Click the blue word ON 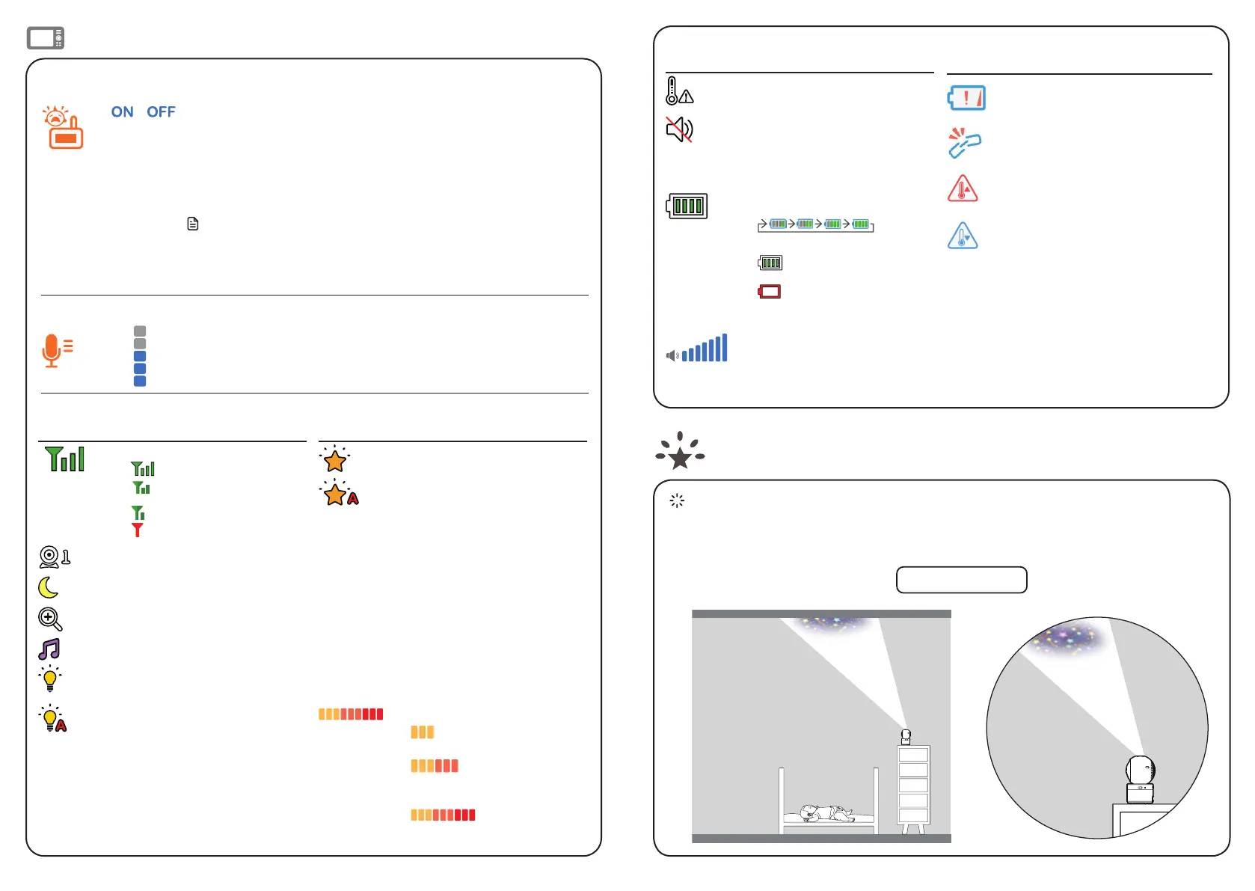coord(122,112)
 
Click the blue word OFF coord(161,112)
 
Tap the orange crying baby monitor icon coord(63,128)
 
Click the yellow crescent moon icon coord(49,588)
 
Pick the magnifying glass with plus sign coord(50,619)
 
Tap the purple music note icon coord(49,649)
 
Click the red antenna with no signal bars coord(138,530)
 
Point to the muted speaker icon coord(679,129)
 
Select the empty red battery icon coord(770,292)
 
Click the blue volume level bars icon coord(697,349)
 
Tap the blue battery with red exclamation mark coord(966,98)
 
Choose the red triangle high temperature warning coord(963,189)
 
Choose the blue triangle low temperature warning coord(963,236)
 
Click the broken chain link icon coord(964,143)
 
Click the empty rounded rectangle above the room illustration coord(961,580)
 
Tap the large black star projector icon coord(680,452)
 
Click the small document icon coord(193,224)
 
